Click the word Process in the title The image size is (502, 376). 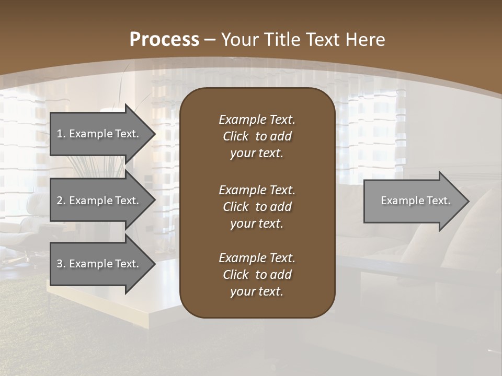(164, 40)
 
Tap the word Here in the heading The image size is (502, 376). (364, 40)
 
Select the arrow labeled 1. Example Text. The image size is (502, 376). (99, 134)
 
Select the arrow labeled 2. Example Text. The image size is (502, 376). (99, 201)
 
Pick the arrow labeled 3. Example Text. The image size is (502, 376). (99, 264)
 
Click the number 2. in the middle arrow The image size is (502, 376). (61, 201)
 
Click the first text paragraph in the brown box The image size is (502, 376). (257, 136)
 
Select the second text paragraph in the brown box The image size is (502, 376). (257, 207)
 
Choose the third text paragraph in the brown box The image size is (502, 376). (257, 275)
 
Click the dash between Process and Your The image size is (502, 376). (210, 40)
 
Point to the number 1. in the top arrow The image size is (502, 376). (61, 134)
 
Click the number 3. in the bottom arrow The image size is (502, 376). (61, 264)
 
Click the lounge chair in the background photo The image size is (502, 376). (24, 235)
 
